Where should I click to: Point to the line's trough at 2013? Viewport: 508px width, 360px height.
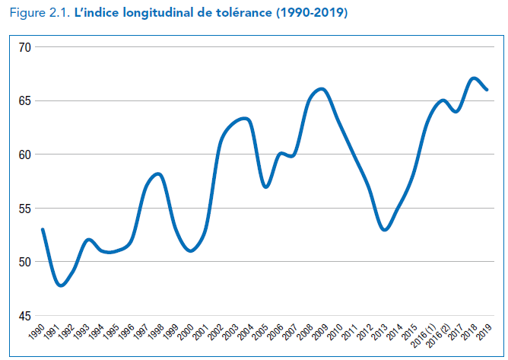pyautogui.click(x=385, y=229)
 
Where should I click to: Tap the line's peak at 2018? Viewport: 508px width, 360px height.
pyautogui.click(x=473, y=78)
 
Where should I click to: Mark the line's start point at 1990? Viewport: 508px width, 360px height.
pyautogui.click(x=43, y=229)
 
